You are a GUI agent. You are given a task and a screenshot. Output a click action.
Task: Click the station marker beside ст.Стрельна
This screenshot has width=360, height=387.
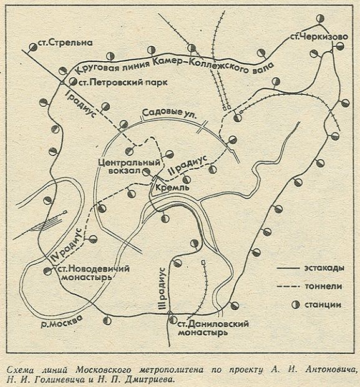tap(33, 47)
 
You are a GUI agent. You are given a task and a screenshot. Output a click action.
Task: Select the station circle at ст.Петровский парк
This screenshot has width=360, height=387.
tap(73, 81)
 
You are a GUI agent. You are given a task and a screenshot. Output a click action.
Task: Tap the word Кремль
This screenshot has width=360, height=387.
tap(172, 188)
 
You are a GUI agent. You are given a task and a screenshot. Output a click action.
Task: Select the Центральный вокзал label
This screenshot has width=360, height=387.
tap(129, 167)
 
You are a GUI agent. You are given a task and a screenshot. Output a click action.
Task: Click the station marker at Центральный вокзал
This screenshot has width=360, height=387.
tap(147, 172)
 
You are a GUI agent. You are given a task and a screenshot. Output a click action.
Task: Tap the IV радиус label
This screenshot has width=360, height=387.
tap(67, 245)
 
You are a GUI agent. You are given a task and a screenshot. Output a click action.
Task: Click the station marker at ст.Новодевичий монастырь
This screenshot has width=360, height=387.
tap(47, 272)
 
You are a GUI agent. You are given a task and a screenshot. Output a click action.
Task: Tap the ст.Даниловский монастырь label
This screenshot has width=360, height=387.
tap(213, 328)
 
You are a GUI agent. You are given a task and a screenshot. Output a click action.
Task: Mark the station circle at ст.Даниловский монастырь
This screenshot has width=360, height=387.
tap(172, 320)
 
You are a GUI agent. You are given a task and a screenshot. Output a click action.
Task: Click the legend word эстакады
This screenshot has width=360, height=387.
tap(324, 268)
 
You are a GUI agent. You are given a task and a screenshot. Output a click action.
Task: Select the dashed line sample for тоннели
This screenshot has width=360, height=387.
tap(288, 287)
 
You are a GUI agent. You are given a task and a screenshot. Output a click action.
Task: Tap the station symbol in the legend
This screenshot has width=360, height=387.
tap(295, 305)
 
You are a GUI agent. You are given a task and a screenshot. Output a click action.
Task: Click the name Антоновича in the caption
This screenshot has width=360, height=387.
tap(332, 370)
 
